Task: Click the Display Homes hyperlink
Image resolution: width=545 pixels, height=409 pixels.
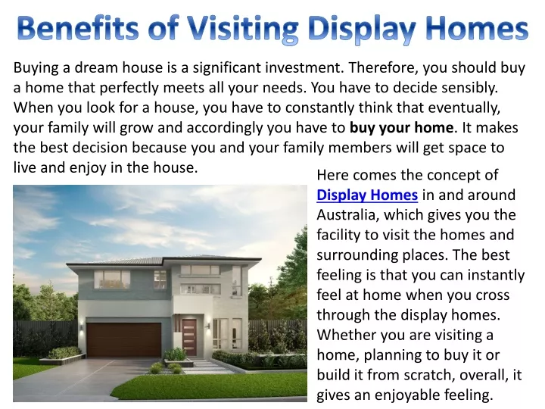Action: pyautogui.click(x=367, y=195)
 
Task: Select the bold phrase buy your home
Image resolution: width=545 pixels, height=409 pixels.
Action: pyautogui.click(x=401, y=128)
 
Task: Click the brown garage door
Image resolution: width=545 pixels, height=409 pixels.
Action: pyautogui.click(x=123, y=340)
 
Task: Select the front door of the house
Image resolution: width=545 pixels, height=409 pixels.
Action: pyautogui.click(x=188, y=336)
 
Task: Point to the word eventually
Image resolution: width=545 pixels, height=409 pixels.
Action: pyautogui.click(x=464, y=108)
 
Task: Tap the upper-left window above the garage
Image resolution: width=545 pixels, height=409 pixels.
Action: pyautogui.click(x=112, y=279)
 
